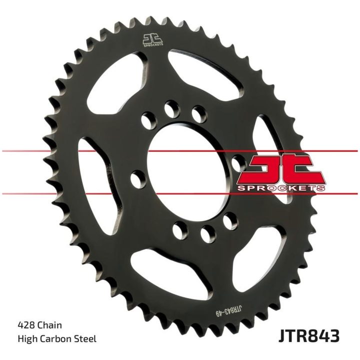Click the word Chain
[x=49, y=325]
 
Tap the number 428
[x=26, y=325]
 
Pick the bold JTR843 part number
[x=309, y=336]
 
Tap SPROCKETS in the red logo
[x=281, y=188]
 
